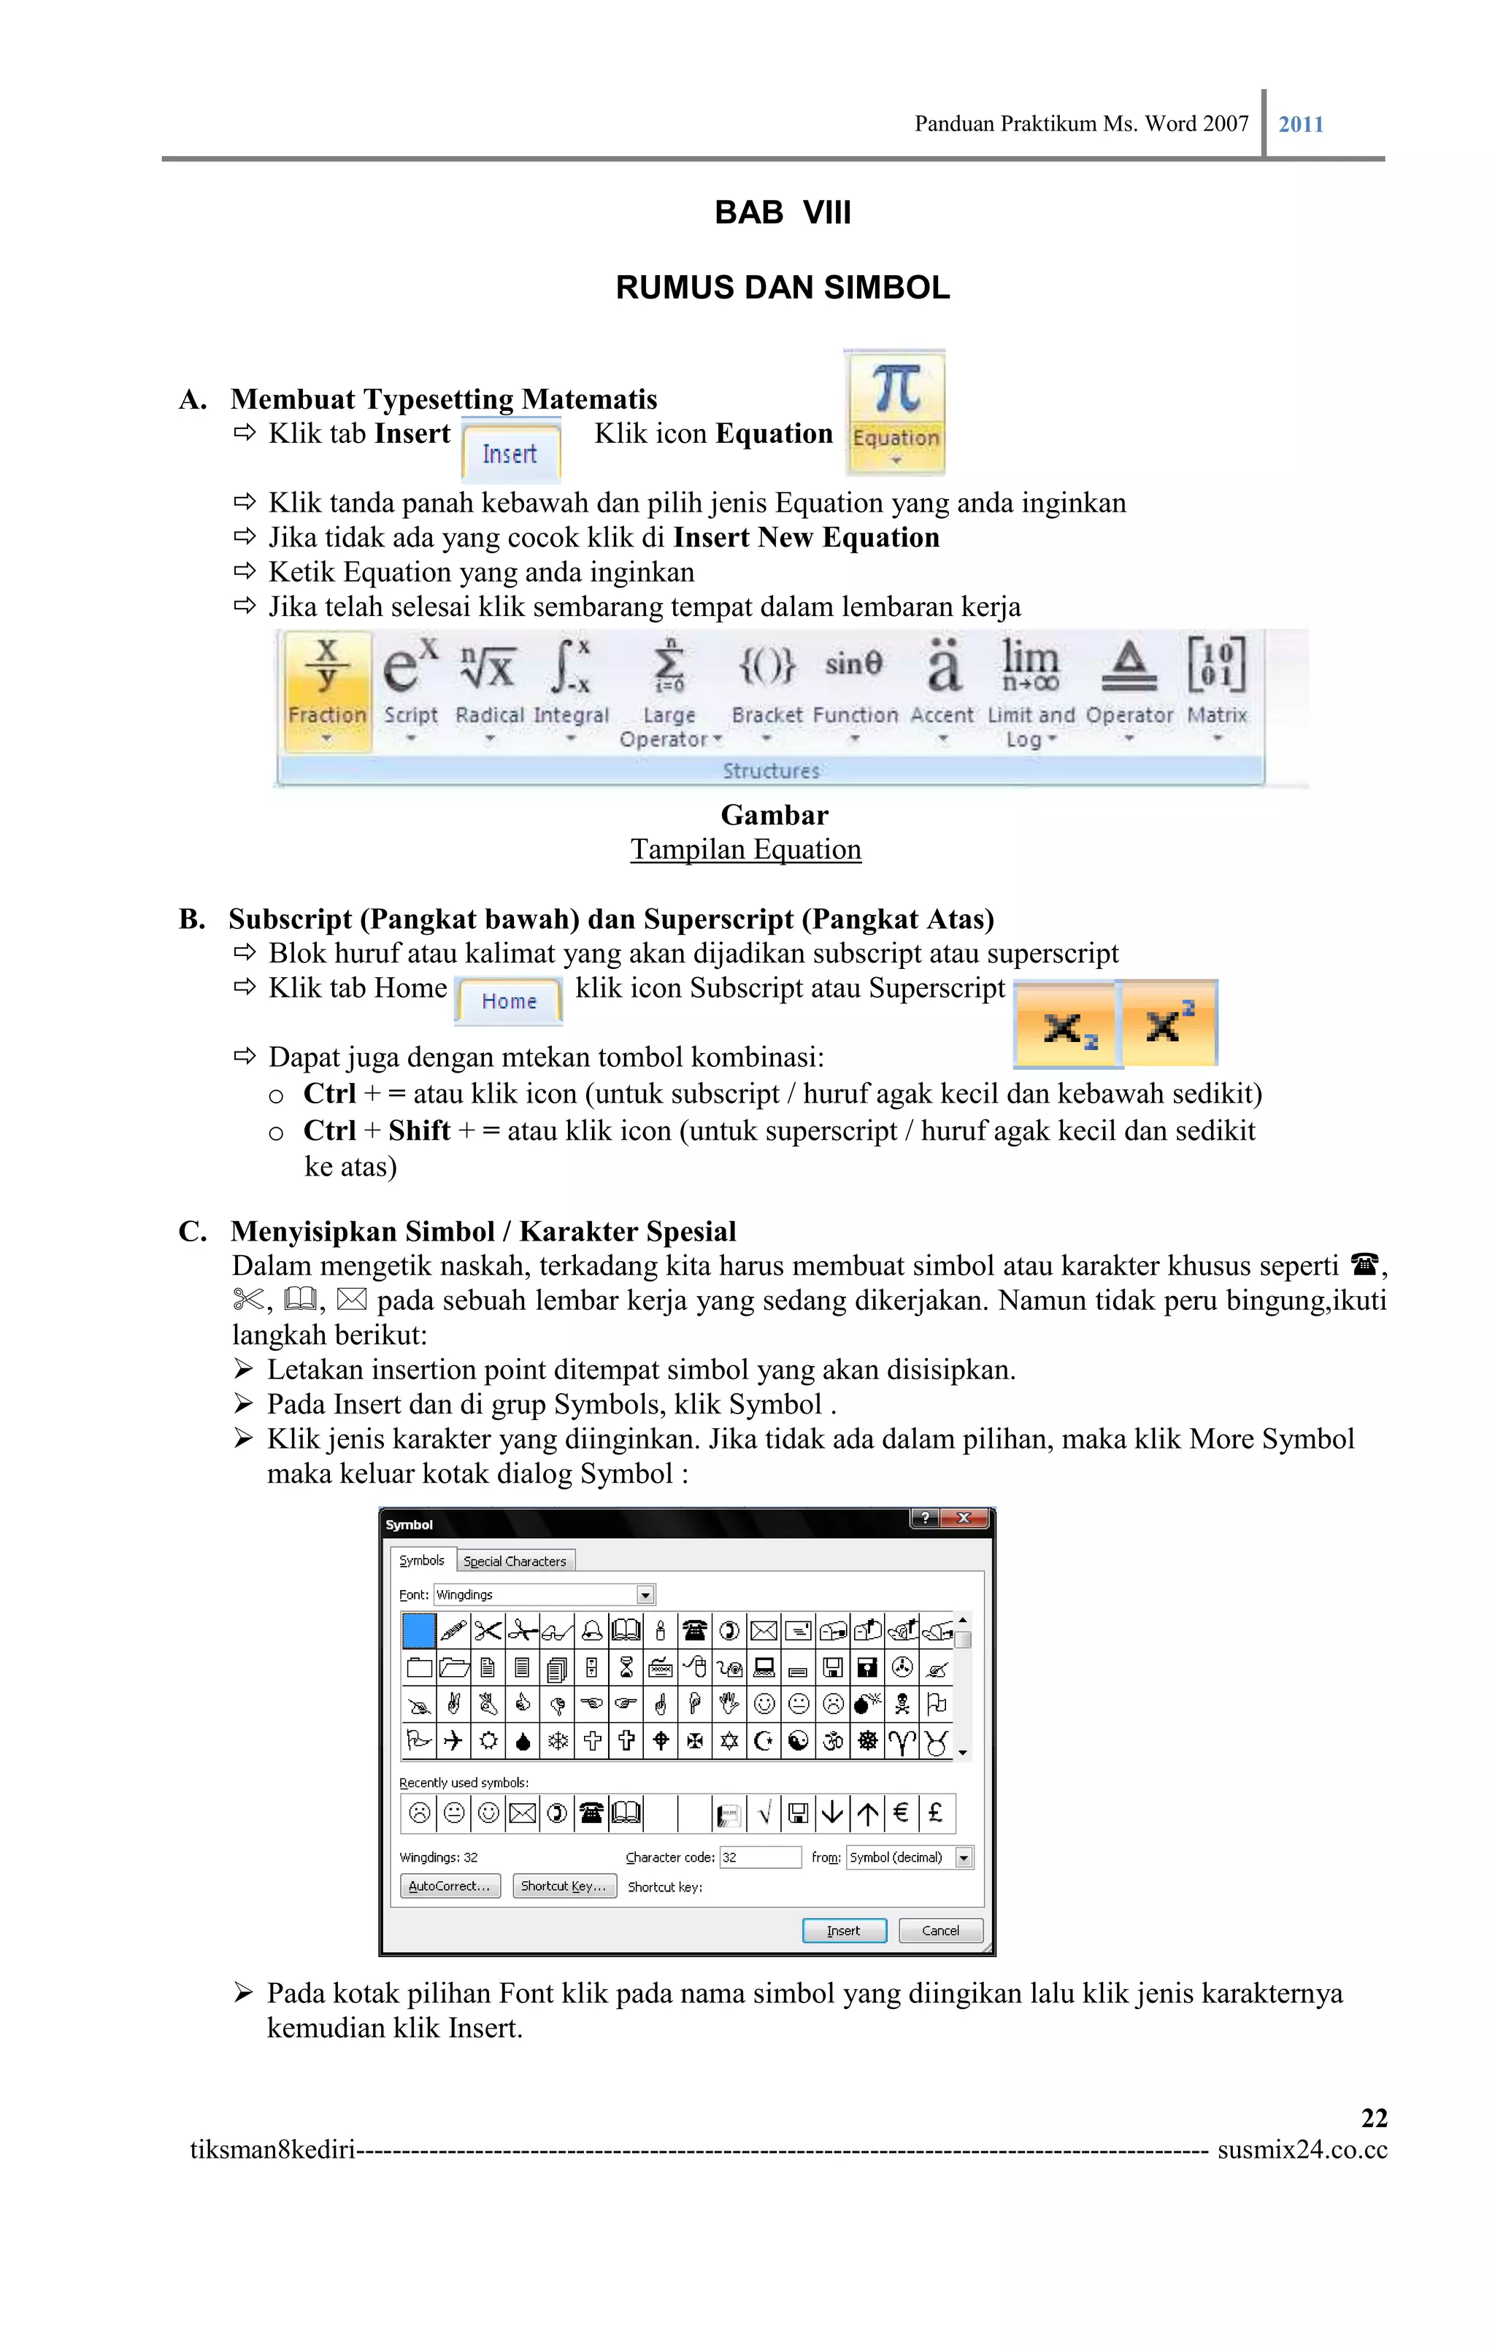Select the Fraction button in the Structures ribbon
[x=327, y=690]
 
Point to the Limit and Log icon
[x=1031, y=690]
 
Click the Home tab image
[x=508, y=1001]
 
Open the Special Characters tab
[x=515, y=1562]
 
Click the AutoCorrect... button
[x=449, y=1886]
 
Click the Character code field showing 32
[x=759, y=1857]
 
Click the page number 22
[x=1373, y=2118]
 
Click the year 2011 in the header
[x=1301, y=125]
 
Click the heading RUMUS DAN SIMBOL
[x=783, y=288]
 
